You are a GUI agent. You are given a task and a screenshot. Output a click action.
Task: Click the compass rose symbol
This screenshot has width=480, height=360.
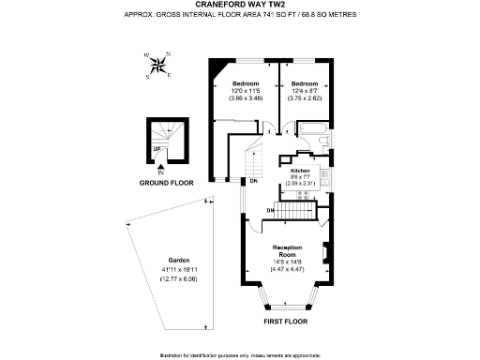(161, 65)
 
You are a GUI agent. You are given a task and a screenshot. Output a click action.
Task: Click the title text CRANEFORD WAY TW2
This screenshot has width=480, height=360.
(239, 6)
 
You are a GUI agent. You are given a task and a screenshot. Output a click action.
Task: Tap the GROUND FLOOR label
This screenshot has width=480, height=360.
(166, 183)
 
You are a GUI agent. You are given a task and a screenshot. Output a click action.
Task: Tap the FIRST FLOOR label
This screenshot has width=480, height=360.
(285, 321)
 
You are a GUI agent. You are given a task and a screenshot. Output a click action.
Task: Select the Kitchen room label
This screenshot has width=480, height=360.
(299, 171)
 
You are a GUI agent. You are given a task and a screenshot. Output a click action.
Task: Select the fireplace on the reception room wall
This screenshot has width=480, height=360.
(325, 253)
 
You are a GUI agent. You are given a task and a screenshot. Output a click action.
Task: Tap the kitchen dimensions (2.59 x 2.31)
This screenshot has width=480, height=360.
(299, 183)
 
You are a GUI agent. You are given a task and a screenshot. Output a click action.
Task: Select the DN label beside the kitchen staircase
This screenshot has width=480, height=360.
(270, 211)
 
